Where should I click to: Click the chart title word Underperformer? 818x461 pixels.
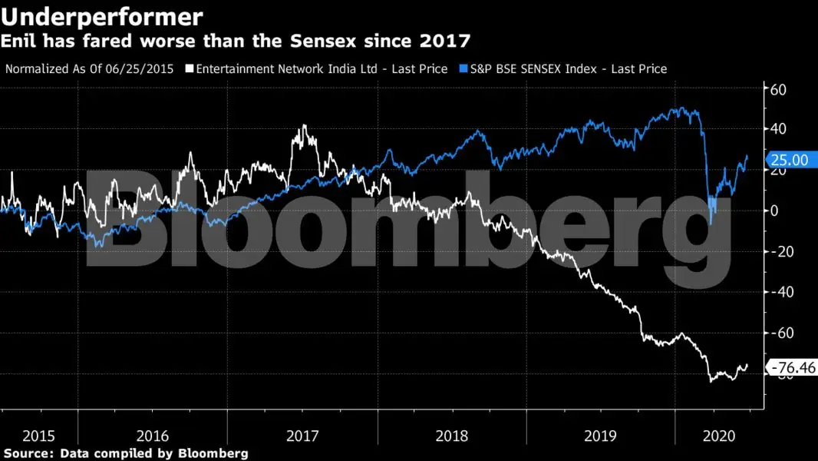click(102, 16)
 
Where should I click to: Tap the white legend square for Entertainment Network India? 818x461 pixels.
click(190, 69)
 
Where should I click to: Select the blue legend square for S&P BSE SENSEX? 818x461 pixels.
click(463, 69)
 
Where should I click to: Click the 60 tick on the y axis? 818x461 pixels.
click(780, 89)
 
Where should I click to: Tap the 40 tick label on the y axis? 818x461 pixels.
click(780, 129)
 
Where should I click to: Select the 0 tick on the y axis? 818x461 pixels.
click(775, 211)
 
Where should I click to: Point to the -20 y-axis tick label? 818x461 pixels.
click(781, 251)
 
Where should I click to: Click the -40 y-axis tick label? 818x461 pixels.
click(781, 292)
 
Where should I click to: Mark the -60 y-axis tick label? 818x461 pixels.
click(781, 333)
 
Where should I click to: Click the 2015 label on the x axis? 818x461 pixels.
click(38, 436)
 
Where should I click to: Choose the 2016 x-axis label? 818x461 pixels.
click(152, 436)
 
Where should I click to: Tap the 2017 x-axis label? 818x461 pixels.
click(302, 436)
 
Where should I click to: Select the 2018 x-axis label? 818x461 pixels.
click(451, 436)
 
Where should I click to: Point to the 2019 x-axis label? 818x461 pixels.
click(600, 436)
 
